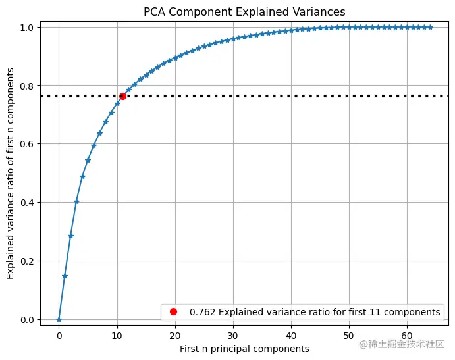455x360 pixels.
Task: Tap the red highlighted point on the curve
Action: pyautogui.click(x=122, y=96)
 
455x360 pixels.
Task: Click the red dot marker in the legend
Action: pyautogui.click(x=174, y=311)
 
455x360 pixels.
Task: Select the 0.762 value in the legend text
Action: pyautogui.click(x=201, y=311)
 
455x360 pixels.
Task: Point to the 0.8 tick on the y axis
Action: pyautogui.click(x=29, y=86)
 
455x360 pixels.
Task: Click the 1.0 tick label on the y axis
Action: pyautogui.click(x=29, y=27)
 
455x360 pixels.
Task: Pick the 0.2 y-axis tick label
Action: pyautogui.click(x=29, y=261)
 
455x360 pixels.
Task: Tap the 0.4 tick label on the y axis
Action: pyautogui.click(x=29, y=202)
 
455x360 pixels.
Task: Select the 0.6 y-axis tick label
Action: pyautogui.click(x=29, y=143)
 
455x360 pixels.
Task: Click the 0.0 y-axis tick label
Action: pyautogui.click(x=29, y=319)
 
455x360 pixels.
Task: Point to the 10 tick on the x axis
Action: pyautogui.click(x=117, y=334)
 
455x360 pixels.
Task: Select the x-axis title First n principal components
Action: pyautogui.click(x=244, y=348)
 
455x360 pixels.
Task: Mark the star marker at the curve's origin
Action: pyautogui.click(x=59, y=319)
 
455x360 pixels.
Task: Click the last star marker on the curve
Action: pyautogui.click(x=430, y=27)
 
